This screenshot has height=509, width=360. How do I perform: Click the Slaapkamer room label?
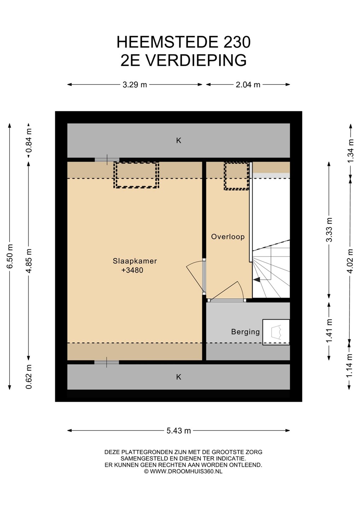(x=135, y=261)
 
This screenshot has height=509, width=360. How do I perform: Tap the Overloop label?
(x=228, y=236)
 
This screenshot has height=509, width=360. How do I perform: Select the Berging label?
(x=245, y=332)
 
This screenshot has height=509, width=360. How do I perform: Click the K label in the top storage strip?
(x=179, y=141)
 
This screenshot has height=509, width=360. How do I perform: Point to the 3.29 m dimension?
(x=135, y=85)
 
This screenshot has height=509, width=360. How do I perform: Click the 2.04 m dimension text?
(x=248, y=85)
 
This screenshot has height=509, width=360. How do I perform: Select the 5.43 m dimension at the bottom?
(x=179, y=431)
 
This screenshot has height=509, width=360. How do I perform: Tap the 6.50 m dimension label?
(x=10, y=256)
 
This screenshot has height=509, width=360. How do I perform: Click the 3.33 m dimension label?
(x=329, y=230)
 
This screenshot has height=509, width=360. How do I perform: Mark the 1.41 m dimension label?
(x=329, y=330)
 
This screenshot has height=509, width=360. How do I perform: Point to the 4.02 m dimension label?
(x=350, y=261)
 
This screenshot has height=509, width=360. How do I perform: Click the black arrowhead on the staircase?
(x=257, y=280)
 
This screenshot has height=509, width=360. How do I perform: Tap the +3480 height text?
(x=132, y=270)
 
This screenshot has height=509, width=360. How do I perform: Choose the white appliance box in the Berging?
(x=276, y=332)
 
